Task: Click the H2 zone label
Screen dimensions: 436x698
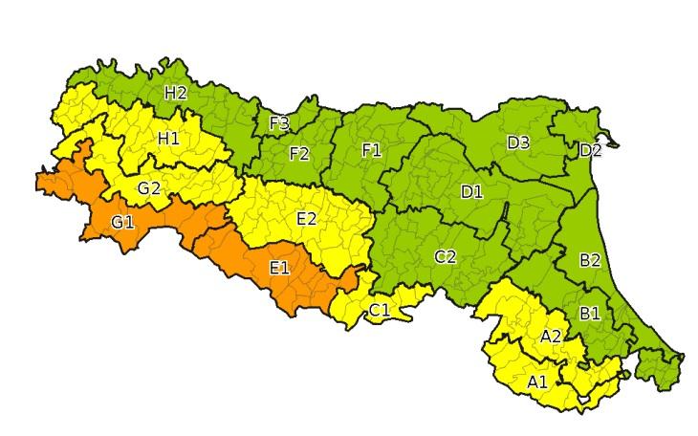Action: pos(175,93)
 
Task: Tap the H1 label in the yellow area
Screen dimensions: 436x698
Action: pos(168,138)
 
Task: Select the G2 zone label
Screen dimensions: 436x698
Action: pos(148,187)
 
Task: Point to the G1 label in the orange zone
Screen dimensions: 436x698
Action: pos(122,222)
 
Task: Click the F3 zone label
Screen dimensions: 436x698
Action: pos(279,123)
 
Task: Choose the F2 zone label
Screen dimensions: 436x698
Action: pos(299,152)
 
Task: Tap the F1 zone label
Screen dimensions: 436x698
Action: pos(371,149)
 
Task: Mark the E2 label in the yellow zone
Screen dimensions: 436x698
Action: pos(307,218)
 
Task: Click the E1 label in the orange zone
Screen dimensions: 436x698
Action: pos(279,267)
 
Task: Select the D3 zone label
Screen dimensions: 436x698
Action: pos(518,142)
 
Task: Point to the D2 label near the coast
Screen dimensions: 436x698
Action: pos(590,150)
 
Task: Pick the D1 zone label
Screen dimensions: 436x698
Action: pos(471,191)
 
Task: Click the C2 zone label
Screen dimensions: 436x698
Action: pos(445,255)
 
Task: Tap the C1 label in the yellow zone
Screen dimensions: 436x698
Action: pos(380,309)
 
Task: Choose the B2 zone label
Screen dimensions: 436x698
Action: pos(590,259)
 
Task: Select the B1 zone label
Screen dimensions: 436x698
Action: pos(590,312)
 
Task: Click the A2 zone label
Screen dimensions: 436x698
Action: pos(551,336)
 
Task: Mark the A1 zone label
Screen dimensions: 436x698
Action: pos(537,381)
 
